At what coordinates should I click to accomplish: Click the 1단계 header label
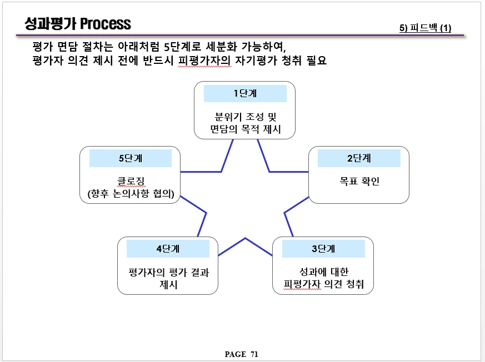pyautogui.click(x=245, y=93)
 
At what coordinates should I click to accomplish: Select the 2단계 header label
pyautogui.click(x=359, y=158)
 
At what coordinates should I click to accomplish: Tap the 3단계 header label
pyautogui.click(x=323, y=249)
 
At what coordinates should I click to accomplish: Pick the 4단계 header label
pyautogui.click(x=168, y=249)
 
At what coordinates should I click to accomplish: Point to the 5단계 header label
pyautogui.click(x=131, y=158)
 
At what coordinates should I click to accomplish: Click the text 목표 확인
pyautogui.click(x=359, y=182)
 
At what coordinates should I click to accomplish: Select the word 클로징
pyautogui.click(x=131, y=181)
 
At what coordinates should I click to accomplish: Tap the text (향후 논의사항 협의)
pyautogui.click(x=131, y=194)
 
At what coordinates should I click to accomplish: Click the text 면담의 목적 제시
pyautogui.click(x=245, y=130)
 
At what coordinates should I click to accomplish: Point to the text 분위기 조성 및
pyautogui.click(x=245, y=117)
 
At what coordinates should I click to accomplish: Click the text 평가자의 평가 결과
pyautogui.click(x=168, y=273)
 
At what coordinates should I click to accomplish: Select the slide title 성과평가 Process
pyautogui.click(x=78, y=23)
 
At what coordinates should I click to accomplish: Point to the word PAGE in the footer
pyautogui.click(x=235, y=354)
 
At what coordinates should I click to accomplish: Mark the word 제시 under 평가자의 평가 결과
pyautogui.click(x=168, y=285)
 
